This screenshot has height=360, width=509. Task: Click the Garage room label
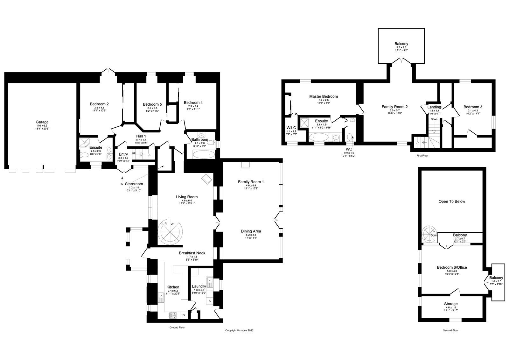[x=42, y=122]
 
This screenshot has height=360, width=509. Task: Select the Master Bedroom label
[x=324, y=96]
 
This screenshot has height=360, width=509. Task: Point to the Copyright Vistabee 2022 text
[x=239, y=330]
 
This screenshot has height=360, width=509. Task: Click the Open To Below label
[x=452, y=201]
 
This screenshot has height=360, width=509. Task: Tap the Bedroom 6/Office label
[x=452, y=267]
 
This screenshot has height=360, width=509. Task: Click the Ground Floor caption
[x=178, y=327]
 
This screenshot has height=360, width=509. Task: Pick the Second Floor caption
[x=451, y=330]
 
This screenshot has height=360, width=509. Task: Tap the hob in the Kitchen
[x=172, y=315]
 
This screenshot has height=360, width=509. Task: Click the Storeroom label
[x=134, y=184]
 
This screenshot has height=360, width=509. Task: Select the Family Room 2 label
[x=394, y=107]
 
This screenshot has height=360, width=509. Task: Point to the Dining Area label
[x=251, y=231]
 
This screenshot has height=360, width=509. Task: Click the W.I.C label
[x=291, y=128]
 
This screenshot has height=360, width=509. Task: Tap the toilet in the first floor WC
[x=350, y=137]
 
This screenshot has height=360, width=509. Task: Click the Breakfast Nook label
[x=192, y=253]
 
